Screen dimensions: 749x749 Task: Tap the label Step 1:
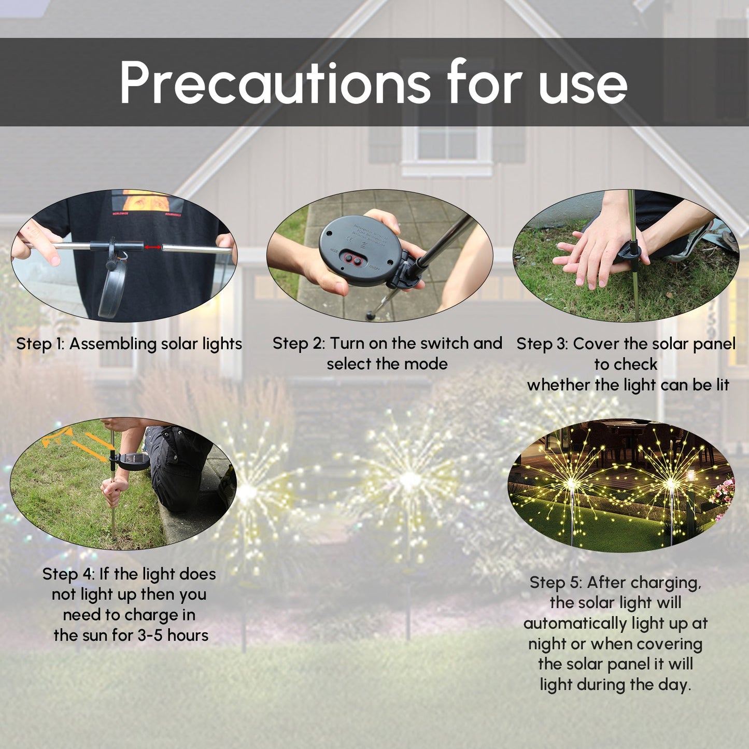tap(40, 344)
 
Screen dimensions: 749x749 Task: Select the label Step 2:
tap(299, 343)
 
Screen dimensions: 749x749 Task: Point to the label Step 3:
tap(542, 344)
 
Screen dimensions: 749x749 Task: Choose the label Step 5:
tap(556, 583)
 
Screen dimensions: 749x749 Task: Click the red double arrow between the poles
tap(152, 247)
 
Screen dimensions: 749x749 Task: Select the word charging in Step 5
tap(670, 583)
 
